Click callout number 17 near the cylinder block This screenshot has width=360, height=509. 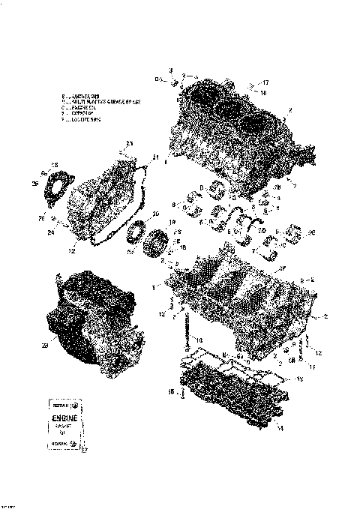coord(265,82)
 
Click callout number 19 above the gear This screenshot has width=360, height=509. coord(171,223)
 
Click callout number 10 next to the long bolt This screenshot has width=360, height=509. coord(199,339)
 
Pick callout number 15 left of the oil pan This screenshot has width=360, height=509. coord(171,391)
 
